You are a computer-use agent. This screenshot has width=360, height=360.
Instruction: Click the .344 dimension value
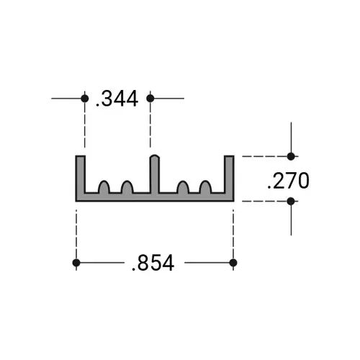click(117, 99)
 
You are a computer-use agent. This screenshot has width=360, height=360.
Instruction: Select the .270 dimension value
click(287, 180)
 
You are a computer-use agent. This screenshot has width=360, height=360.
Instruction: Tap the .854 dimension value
click(153, 264)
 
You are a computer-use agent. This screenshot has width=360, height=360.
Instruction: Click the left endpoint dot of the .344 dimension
click(85, 98)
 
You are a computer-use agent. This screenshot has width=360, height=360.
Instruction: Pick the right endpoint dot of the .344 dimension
click(150, 98)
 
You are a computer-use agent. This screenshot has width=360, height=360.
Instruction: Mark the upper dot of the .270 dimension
click(291, 156)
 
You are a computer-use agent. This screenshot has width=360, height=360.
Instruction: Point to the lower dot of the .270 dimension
click(291, 202)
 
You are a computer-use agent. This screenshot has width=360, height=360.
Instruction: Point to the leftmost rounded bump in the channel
click(104, 188)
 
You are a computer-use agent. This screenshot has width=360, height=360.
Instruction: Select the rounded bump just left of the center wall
click(127, 188)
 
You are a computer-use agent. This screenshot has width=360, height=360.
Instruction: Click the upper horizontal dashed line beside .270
click(263, 156)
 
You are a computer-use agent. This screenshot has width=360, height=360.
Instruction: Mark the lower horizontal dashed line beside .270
click(263, 202)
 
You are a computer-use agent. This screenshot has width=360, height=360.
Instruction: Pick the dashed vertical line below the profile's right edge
click(233, 230)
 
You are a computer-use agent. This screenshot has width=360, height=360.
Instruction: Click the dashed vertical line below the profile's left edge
click(76, 230)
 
